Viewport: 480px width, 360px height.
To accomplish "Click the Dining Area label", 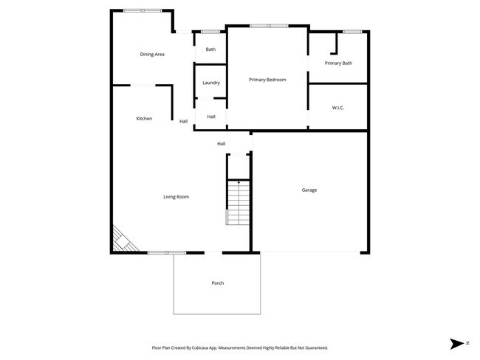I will click(x=152, y=55).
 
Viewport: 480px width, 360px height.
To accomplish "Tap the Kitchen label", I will click(x=144, y=119).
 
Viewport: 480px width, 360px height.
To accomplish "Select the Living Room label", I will click(x=176, y=197).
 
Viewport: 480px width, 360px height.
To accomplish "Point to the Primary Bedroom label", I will click(x=267, y=80).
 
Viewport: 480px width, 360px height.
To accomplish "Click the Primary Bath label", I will click(x=338, y=63).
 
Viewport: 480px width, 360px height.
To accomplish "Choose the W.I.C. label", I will click(x=338, y=108).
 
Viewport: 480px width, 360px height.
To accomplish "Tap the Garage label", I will click(x=309, y=190).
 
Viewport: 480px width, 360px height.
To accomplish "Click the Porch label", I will click(x=217, y=283).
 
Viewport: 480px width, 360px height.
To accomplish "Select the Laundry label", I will click(x=211, y=83).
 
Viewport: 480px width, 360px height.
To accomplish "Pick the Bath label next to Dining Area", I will click(x=210, y=49).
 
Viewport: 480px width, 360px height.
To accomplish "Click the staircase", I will click(x=239, y=202).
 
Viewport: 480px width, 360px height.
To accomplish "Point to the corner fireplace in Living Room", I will click(x=120, y=240).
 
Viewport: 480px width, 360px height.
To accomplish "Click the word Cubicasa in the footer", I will click(x=202, y=347).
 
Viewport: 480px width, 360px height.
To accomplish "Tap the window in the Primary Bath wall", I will click(x=352, y=31).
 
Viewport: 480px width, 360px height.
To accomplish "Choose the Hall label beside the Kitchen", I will click(x=183, y=122).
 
